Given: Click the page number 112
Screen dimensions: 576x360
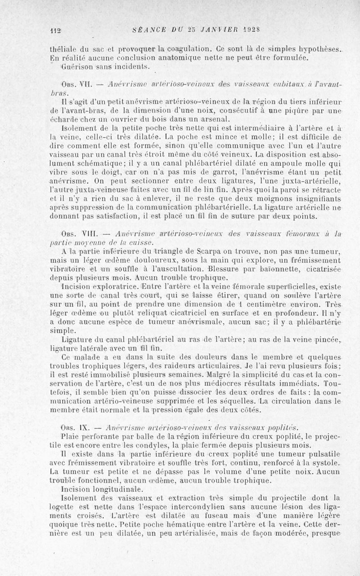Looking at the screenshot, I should pyautogui.click(x=55, y=30).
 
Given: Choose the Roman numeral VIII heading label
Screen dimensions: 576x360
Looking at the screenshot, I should pyautogui.click(x=90, y=233).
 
